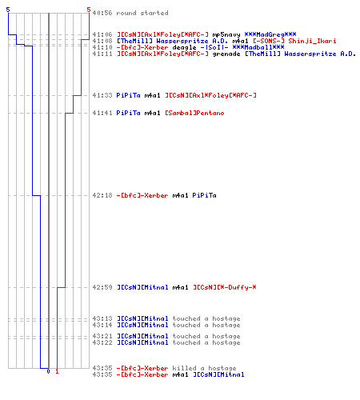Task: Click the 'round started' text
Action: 142,13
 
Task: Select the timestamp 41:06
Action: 102,34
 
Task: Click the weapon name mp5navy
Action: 226,35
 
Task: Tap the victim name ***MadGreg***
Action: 270,34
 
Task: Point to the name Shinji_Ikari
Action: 312,42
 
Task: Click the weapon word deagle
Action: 184,48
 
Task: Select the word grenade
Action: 226,54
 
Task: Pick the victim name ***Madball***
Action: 258,47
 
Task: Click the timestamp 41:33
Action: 102,95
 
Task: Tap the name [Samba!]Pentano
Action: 194,113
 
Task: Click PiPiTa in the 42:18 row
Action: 204,195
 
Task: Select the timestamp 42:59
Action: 102,287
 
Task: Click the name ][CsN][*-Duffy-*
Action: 225,287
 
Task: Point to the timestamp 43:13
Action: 102,318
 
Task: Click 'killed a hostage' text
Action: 204,368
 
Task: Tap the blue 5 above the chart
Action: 8,10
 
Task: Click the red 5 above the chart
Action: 89,10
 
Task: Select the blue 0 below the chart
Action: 48,371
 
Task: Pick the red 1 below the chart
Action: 57,371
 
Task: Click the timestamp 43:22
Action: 102,342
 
